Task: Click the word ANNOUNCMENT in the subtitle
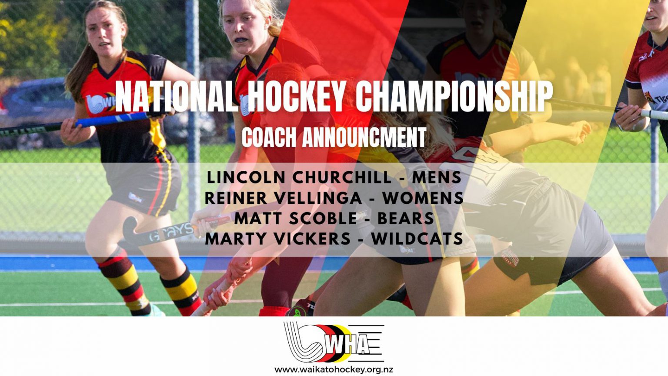click(364, 137)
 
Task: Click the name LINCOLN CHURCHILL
click(299, 177)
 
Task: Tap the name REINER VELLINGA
click(283, 198)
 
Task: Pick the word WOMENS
click(423, 198)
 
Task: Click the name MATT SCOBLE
click(296, 218)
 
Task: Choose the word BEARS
click(405, 218)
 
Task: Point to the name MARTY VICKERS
click(277, 239)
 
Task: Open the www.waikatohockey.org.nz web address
click(334, 369)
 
